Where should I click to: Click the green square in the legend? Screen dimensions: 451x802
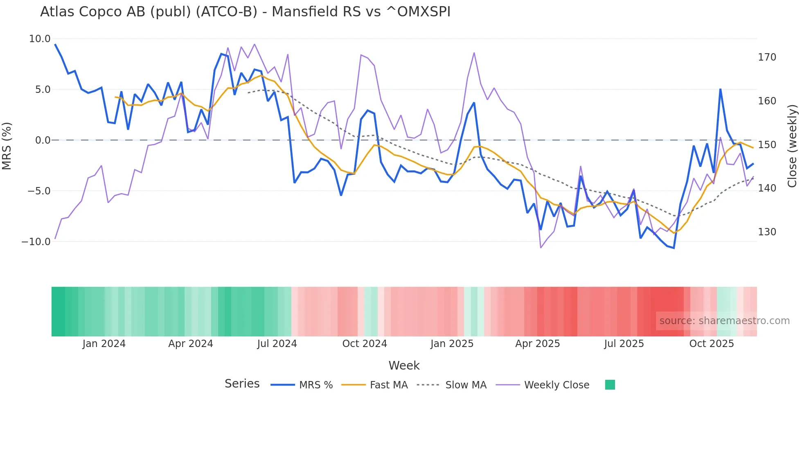click(610, 385)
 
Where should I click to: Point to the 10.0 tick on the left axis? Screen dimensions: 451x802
click(40, 39)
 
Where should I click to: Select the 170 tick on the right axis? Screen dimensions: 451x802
click(767, 57)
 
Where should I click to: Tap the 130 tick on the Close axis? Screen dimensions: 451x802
click(767, 232)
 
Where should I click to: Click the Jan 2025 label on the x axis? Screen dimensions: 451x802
click(452, 344)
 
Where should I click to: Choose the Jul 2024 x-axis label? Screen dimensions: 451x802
click(277, 344)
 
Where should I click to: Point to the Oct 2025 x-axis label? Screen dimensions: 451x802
click(712, 344)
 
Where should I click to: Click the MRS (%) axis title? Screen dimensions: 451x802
click(7, 146)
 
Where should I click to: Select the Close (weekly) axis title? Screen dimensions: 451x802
click(792, 146)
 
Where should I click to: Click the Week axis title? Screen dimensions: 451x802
click(404, 365)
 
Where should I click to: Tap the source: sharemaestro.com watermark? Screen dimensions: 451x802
click(724, 321)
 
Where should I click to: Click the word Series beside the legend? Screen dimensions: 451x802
click(242, 384)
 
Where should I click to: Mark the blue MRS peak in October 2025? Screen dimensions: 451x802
click(720, 89)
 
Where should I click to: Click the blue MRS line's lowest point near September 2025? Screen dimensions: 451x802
click(674, 248)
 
